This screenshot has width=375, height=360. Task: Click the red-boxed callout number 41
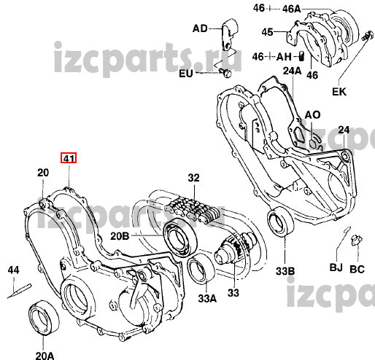[69, 158]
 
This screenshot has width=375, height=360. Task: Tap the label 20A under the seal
[45, 355]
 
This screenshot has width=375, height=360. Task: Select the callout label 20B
[120, 236]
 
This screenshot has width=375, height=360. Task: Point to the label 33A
[207, 298]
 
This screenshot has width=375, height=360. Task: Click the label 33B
[285, 271]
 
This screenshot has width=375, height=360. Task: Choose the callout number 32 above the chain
[193, 178]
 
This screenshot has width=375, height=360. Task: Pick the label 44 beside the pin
[14, 270]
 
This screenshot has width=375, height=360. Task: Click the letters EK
[339, 92]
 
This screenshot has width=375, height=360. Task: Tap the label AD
[200, 28]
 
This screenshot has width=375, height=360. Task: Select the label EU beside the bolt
[186, 74]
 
